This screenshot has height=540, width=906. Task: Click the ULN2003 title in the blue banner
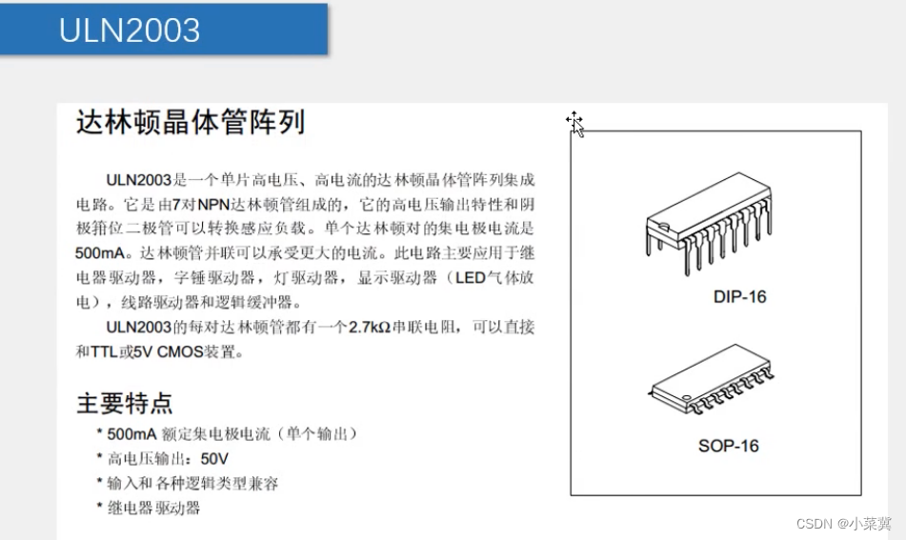130,30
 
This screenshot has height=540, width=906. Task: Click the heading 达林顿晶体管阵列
191,122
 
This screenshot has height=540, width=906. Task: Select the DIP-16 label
739,297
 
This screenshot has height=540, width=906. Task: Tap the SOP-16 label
728,446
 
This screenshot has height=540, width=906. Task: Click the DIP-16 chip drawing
709,222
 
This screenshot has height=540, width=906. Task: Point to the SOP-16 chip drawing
711,379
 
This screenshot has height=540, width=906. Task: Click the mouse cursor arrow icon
575,124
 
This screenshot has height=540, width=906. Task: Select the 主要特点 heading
124,403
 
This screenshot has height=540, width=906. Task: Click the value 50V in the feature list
214,459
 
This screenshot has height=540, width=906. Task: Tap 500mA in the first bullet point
131,433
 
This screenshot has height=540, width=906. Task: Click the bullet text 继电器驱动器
153,509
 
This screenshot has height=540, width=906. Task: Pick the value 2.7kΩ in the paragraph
370,328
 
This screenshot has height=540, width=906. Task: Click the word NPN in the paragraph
213,205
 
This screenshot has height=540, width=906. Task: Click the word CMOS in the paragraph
180,351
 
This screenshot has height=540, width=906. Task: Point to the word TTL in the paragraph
104,351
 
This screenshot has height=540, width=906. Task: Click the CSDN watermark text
843,524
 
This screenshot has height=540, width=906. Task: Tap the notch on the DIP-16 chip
664,227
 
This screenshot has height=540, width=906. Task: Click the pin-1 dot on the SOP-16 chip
686,397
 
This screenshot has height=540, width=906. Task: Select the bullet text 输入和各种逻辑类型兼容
193,484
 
